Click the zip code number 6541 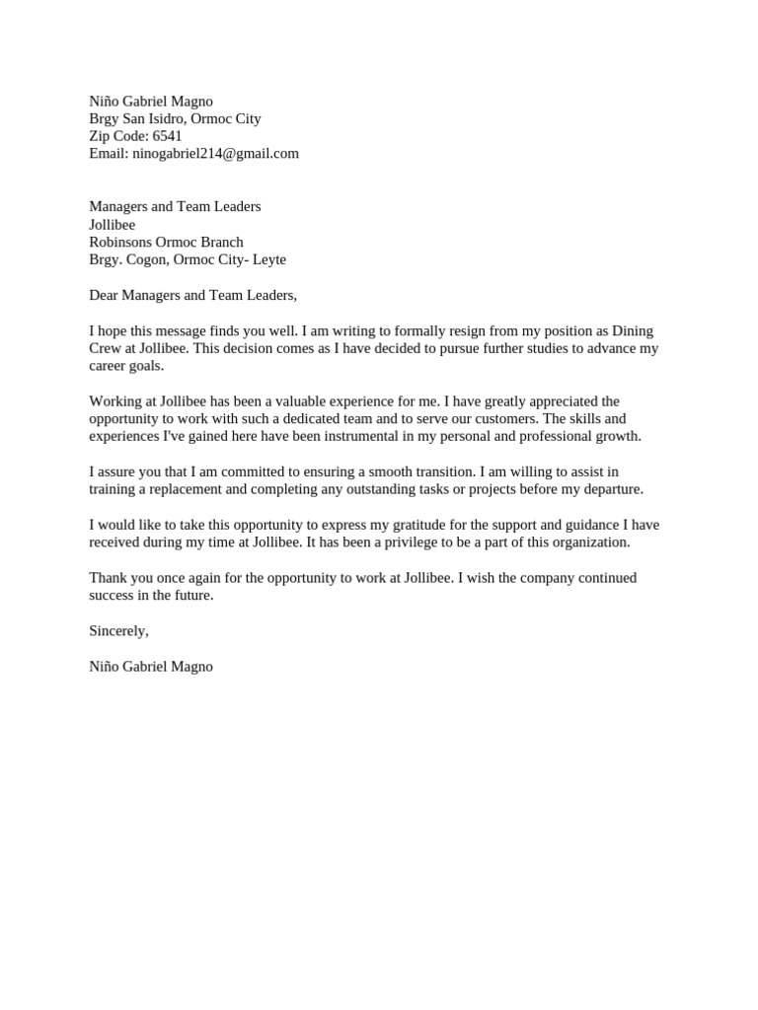pos(167,136)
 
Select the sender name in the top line pos(151,101)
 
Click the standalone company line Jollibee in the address pos(113,225)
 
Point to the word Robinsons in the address pos(120,242)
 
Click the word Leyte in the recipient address pos(269,259)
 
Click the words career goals pos(126,366)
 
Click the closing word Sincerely pos(118,631)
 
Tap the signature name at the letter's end pos(151,667)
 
